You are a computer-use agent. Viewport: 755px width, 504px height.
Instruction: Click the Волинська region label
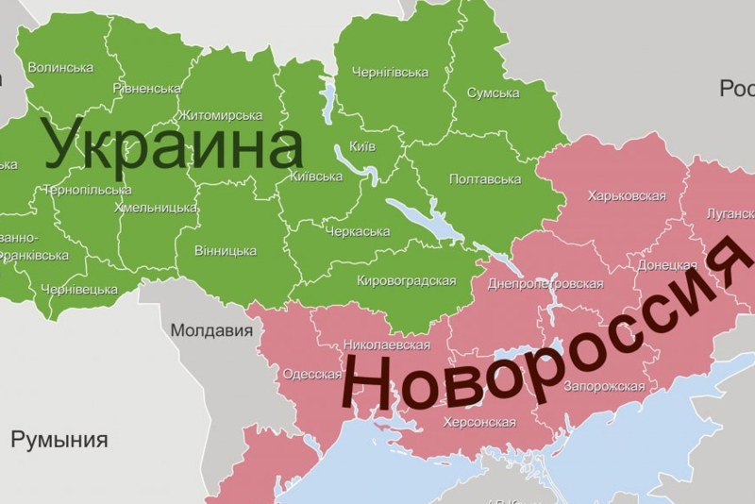(x=60, y=68)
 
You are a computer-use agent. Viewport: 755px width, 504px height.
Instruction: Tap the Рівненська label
(x=146, y=89)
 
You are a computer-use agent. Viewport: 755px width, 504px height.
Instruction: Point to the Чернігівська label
(x=390, y=73)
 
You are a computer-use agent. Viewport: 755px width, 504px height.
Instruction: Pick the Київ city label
(x=362, y=146)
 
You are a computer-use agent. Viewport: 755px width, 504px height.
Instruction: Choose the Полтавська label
(x=486, y=179)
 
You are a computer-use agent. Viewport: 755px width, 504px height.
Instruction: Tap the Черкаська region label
(x=358, y=232)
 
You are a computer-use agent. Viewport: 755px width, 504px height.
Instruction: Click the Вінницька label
(x=225, y=251)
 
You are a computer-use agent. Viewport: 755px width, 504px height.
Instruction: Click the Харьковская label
(x=627, y=196)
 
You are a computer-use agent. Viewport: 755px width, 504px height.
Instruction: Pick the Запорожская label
(x=603, y=386)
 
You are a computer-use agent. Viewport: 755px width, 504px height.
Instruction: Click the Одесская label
(x=312, y=374)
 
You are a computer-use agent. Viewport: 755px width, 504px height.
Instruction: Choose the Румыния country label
(x=59, y=440)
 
